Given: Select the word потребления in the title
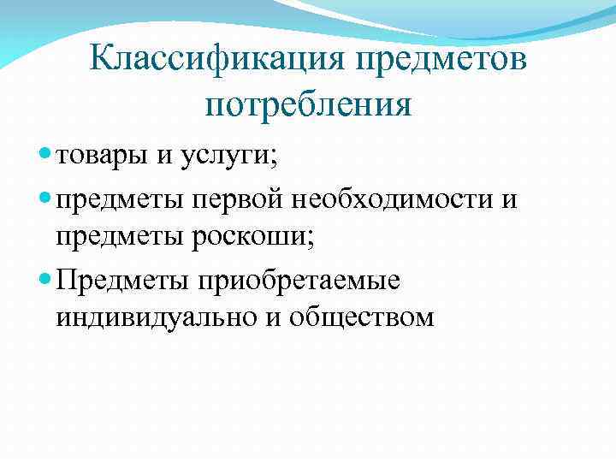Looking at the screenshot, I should (x=308, y=104).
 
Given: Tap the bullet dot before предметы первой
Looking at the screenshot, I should (x=45, y=199).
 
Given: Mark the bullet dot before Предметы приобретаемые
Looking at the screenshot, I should (x=45, y=281).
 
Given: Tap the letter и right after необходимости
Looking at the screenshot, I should (x=509, y=199).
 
